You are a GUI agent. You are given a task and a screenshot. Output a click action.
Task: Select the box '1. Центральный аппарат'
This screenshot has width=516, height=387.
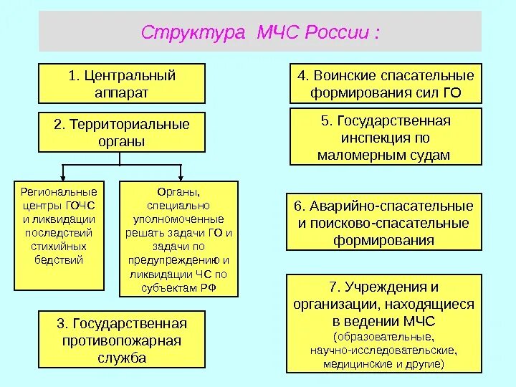122,83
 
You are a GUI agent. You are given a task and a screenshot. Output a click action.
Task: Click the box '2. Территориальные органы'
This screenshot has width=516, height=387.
122,133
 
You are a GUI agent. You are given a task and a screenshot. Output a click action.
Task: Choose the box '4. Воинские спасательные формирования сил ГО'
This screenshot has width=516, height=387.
386,83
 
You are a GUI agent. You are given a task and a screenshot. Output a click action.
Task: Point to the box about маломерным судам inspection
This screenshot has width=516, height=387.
386,136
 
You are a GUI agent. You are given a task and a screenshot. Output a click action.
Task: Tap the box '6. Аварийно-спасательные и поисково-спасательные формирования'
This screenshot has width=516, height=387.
384,222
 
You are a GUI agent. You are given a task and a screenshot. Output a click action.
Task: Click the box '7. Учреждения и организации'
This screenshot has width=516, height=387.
384,325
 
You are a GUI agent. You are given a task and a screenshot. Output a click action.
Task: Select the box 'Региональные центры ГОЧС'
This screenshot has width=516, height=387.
59,235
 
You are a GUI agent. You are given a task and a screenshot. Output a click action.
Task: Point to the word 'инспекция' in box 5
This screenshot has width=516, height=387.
385,137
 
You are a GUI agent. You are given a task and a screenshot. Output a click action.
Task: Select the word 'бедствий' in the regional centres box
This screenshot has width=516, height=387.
59,259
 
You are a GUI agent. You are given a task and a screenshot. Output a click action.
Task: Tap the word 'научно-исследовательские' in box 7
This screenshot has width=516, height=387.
384,350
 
